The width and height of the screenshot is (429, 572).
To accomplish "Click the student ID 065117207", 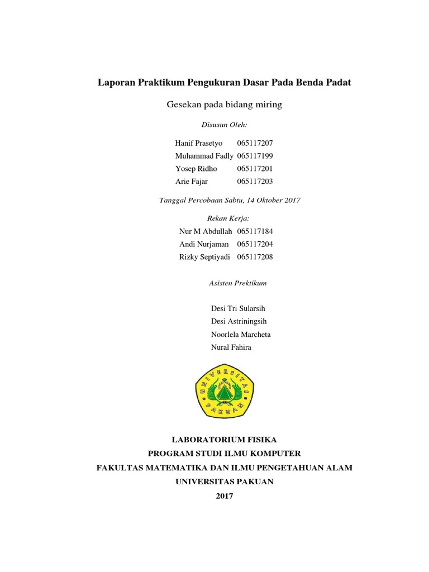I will tap(255, 144).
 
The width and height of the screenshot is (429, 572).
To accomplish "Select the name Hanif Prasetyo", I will tap(198, 144).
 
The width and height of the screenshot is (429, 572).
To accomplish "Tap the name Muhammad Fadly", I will tap(204, 156).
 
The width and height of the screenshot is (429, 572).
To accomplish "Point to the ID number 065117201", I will tap(255, 169).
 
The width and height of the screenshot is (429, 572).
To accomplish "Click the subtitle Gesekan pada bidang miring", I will tap(225, 104).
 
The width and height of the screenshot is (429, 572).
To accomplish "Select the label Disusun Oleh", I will tap(224, 125).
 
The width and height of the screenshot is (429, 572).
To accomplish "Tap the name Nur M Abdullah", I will tap(205, 231).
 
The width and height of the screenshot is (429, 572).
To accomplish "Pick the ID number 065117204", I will tap(255, 244).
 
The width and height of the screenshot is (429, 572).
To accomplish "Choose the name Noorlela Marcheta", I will tap(240, 334).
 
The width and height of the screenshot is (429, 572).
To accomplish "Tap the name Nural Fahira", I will tap(231, 347).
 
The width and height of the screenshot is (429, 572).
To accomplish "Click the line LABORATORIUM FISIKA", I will tap(225, 440).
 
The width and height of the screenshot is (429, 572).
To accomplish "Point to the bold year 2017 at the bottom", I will tap(225, 495).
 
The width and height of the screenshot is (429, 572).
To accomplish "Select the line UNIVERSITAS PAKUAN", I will tap(225, 482).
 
